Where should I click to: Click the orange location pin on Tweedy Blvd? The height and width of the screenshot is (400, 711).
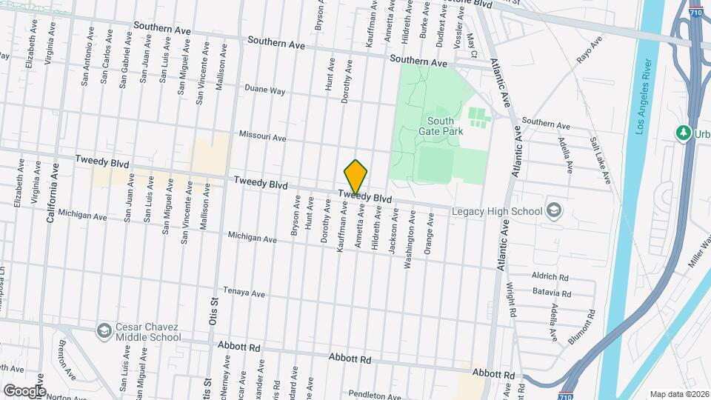(x=355, y=177)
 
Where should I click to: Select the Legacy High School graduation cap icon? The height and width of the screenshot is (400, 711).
(x=553, y=210)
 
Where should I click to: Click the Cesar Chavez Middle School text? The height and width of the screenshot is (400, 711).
(x=148, y=332)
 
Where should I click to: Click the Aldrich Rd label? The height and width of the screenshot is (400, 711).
(x=550, y=276)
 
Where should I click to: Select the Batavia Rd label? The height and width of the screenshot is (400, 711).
(x=552, y=293)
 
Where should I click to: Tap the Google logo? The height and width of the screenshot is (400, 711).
(x=24, y=390)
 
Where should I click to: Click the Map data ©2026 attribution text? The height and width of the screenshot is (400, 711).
(x=678, y=393)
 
